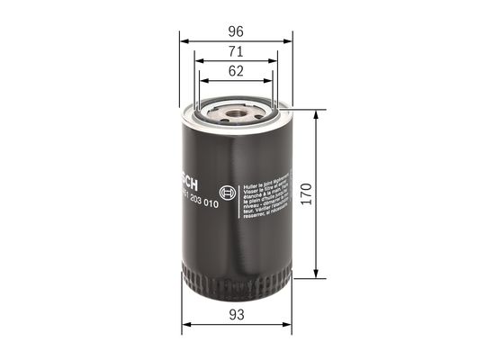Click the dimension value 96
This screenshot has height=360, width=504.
coord(236,27)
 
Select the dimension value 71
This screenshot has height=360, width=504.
coord(236,51)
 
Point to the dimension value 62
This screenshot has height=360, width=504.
coord(236,71)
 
